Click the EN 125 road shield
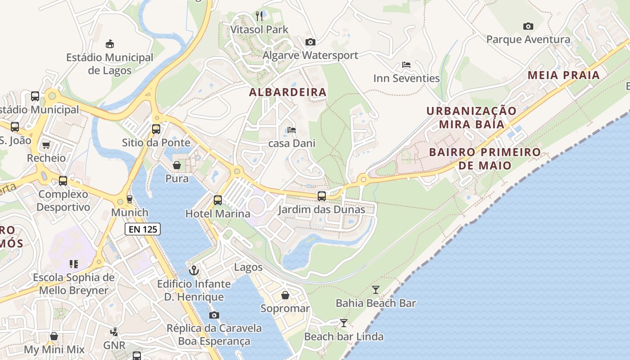[x=143, y=229]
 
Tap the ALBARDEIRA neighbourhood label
[x=288, y=92]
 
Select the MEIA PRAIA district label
[x=564, y=75]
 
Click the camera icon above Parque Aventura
[x=528, y=27]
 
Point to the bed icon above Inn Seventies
[x=406, y=65]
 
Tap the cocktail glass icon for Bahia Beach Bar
[x=376, y=289]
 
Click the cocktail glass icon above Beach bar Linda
[x=344, y=323]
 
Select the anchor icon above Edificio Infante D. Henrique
[x=194, y=270]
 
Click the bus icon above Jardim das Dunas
[x=321, y=196]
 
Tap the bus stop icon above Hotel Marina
[x=218, y=200]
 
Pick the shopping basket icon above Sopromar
[x=285, y=295]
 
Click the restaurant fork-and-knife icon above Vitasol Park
[x=259, y=16]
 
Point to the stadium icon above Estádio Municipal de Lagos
[x=109, y=44]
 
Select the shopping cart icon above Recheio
[x=46, y=145]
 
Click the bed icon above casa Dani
[x=292, y=130]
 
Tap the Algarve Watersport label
[x=310, y=55]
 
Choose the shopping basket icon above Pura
[x=177, y=165]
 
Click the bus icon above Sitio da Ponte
[x=156, y=129]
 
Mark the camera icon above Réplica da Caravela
[x=214, y=315]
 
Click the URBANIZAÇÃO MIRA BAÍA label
[x=472, y=117]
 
